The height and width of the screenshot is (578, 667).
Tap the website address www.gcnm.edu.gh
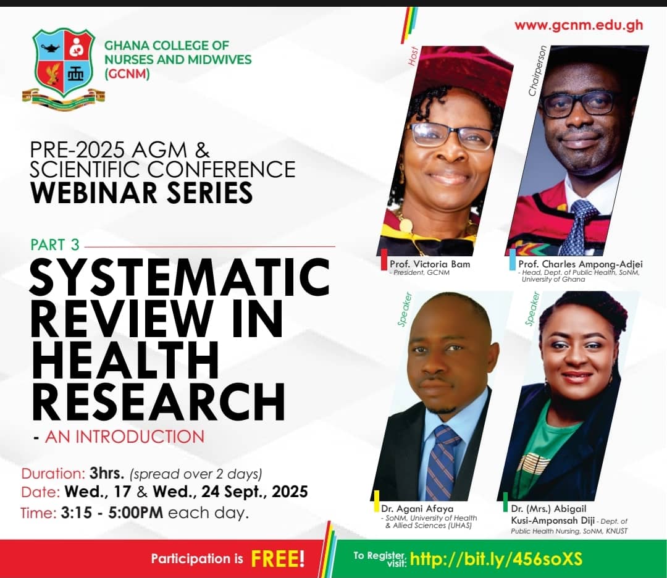[579, 25]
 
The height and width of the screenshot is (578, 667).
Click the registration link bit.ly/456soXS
[496, 559]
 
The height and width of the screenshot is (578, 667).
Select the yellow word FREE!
[278, 559]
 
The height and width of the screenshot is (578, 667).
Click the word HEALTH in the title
[125, 360]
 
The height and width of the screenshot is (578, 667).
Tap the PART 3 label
[55, 245]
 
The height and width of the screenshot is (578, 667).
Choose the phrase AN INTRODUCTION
[125, 437]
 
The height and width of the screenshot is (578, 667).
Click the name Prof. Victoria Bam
[430, 264]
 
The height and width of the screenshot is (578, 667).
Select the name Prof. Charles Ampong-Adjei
[580, 264]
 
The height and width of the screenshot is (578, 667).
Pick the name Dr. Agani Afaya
[417, 509]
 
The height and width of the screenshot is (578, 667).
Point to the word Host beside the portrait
[413, 56]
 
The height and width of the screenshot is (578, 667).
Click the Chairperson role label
[537, 71]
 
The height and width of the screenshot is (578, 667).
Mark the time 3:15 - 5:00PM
[112, 513]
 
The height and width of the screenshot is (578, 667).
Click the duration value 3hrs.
[107, 473]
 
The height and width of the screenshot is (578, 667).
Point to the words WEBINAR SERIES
[141, 192]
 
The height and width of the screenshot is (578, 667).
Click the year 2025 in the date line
[290, 492]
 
